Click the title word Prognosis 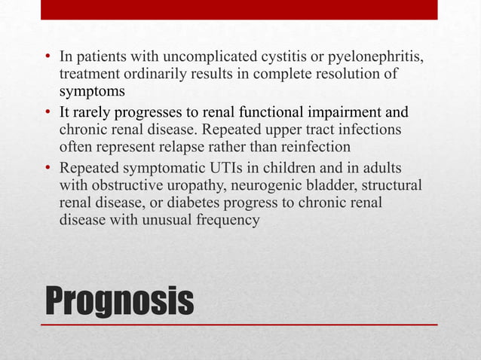pyautogui.click(x=119, y=300)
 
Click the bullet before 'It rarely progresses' pyautogui.click(x=47, y=114)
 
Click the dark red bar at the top pyautogui.click(x=239, y=10)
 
